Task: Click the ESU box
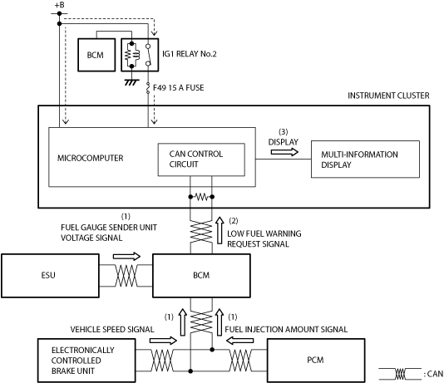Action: (x=50, y=276)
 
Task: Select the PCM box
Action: (x=316, y=361)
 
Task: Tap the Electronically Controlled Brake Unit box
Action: (x=86, y=361)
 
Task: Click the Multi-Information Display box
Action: (x=365, y=160)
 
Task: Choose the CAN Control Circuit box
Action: (x=201, y=160)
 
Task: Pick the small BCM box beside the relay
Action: (x=96, y=55)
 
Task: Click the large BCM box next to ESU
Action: (x=201, y=276)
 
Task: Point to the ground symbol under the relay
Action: (x=131, y=82)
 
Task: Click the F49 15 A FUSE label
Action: (x=179, y=88)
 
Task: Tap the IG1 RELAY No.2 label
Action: (x=189, y=54)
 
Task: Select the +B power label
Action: (x=60, y=5)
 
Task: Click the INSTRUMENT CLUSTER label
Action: (x=388, y=96)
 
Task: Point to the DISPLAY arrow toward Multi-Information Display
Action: (x=284, y=152)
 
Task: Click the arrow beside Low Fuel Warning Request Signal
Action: (x=220, y=230)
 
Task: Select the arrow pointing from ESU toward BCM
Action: (x=126, y=257)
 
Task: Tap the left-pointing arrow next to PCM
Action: (x=239, y=341)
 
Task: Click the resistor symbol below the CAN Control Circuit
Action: (x=201, y=197)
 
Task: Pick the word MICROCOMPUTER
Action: (x=91, y=158)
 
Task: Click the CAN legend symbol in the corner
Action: (x=400, y=374)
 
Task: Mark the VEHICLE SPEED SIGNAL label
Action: (x=112, y=329)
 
